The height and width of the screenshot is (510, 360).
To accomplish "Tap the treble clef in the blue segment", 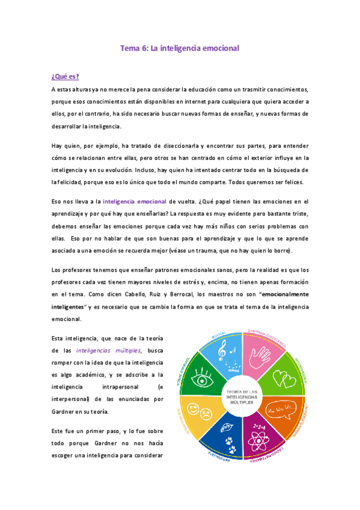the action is tap(222, 348).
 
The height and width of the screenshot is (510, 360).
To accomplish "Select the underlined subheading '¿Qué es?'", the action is tap(66, 76).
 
